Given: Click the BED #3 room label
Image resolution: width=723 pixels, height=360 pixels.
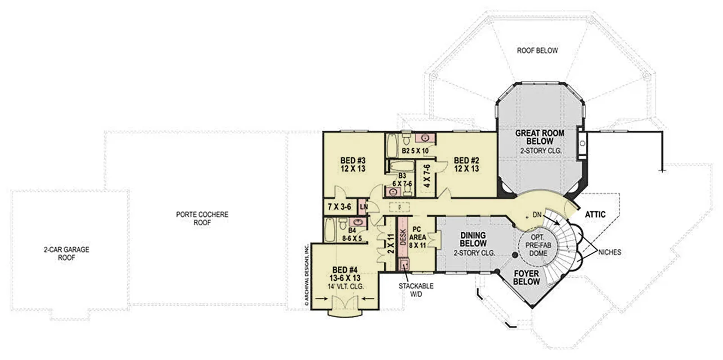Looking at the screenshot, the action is pyautogui.click(x=353, y=161).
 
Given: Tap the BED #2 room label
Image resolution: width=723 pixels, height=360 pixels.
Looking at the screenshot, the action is pyautogui.click(x=467, y=161).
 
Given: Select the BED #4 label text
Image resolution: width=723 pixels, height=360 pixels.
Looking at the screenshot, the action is pyautogui.click(x=345, y=270).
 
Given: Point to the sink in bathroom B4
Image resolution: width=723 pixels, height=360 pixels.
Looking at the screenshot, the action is pyautogui.click(x=358, y=222).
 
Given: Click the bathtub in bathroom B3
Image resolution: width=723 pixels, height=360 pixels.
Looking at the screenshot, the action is pyautogui.click(x=401, y=166).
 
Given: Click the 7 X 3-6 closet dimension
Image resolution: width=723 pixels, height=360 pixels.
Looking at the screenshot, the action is pyautogui.click(x=339, y=207).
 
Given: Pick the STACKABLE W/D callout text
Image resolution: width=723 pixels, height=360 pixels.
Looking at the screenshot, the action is pyautogui.click(x=416, y=290).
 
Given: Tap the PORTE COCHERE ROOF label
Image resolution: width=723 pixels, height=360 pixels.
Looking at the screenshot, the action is pyautogui.click(x=202, y=218).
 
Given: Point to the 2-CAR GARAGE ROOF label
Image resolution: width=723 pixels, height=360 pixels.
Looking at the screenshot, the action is pyautogui.click(x=67, y=253).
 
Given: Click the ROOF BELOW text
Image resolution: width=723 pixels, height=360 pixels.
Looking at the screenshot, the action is pyautogui.click(x=537, y=50).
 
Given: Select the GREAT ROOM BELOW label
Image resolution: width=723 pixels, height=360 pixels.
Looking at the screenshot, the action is pyautogui.click(x=540, y=137).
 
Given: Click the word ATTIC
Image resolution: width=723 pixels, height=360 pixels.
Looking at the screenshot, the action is pyautogui.click(x=595, y=214).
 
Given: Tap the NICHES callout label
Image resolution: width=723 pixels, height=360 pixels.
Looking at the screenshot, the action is pyautogui.click(x=610, y=252).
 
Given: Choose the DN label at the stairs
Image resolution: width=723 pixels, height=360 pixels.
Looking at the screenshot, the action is pyautogui.click(x=537, y=215).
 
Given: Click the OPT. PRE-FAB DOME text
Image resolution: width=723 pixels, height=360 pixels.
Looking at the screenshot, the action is pyautogui.click(x=538, y=245).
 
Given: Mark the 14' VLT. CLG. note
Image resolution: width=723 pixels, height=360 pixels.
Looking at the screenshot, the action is pyautogui.click(x=346, y=286).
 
